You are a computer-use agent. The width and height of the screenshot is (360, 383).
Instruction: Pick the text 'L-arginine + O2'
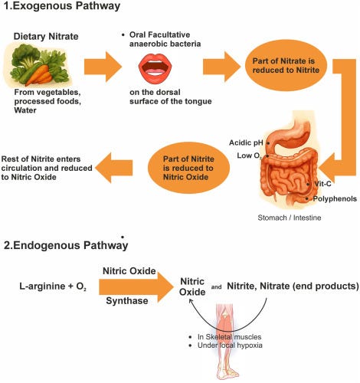[x=51, y=286]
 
